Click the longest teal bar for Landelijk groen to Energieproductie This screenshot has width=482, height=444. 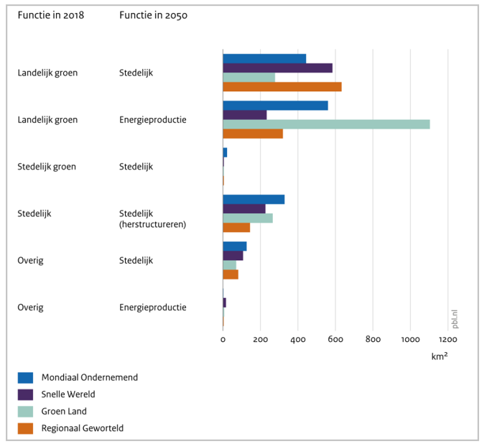tap(326, 124)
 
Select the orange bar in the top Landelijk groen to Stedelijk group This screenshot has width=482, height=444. tap(282, 87)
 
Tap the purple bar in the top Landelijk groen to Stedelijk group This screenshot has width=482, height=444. tap(277, 68)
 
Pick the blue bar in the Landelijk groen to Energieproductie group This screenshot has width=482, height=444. tap(275, 106)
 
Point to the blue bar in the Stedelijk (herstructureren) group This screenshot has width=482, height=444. tap(254, 199)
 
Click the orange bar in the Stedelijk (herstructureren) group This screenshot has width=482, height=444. tap(236, 228)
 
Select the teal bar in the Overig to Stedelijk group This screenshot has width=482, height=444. tap(230, 265)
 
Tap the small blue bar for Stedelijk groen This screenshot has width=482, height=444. tap(225, 152)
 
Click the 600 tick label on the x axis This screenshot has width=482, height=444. tap(335, 339)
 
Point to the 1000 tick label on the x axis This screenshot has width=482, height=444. tap(410, 339)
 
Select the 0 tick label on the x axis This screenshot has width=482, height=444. tap(223, 339)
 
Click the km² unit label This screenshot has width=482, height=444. tap(440, 356)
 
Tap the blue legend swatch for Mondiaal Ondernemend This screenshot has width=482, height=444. tap(25, 378)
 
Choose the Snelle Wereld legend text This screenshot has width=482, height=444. tap(68, 394)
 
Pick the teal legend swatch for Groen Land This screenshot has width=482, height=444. tap(25, 412)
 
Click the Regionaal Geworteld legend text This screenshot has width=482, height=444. tap(83, 428)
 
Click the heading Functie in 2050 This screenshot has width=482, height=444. tap(154, 15)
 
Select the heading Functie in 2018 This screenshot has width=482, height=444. tap(51, 15)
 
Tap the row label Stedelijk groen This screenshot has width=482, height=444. tap(47, 167)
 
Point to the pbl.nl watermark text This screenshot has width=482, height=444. tap(455, 319)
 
